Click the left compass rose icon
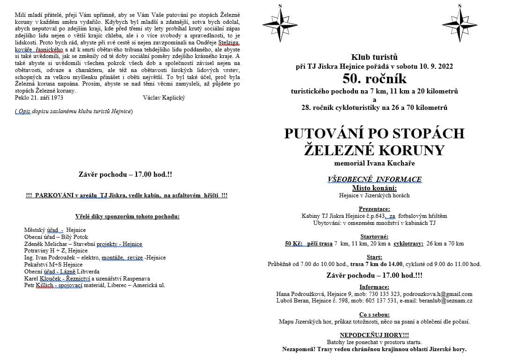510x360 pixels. (x=280, y=23)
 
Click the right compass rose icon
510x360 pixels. (x=459, y=23)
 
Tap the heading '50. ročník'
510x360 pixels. (x=374, y=78)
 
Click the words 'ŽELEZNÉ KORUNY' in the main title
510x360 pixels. (x=374, y=151)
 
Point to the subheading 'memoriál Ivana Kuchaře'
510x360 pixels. (x=374, y=164)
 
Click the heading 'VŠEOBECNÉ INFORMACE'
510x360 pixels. (x=374, y=179)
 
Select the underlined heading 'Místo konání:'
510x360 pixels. (x=374, y=188)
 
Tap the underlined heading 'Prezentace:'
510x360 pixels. (x=374, y=209)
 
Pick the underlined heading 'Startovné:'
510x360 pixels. (x=374, y=237)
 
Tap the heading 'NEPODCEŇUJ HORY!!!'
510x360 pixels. (x=374, y=335)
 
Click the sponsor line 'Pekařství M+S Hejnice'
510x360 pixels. (x=53, y=265)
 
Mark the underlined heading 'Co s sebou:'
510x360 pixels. (x=374, y=315)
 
